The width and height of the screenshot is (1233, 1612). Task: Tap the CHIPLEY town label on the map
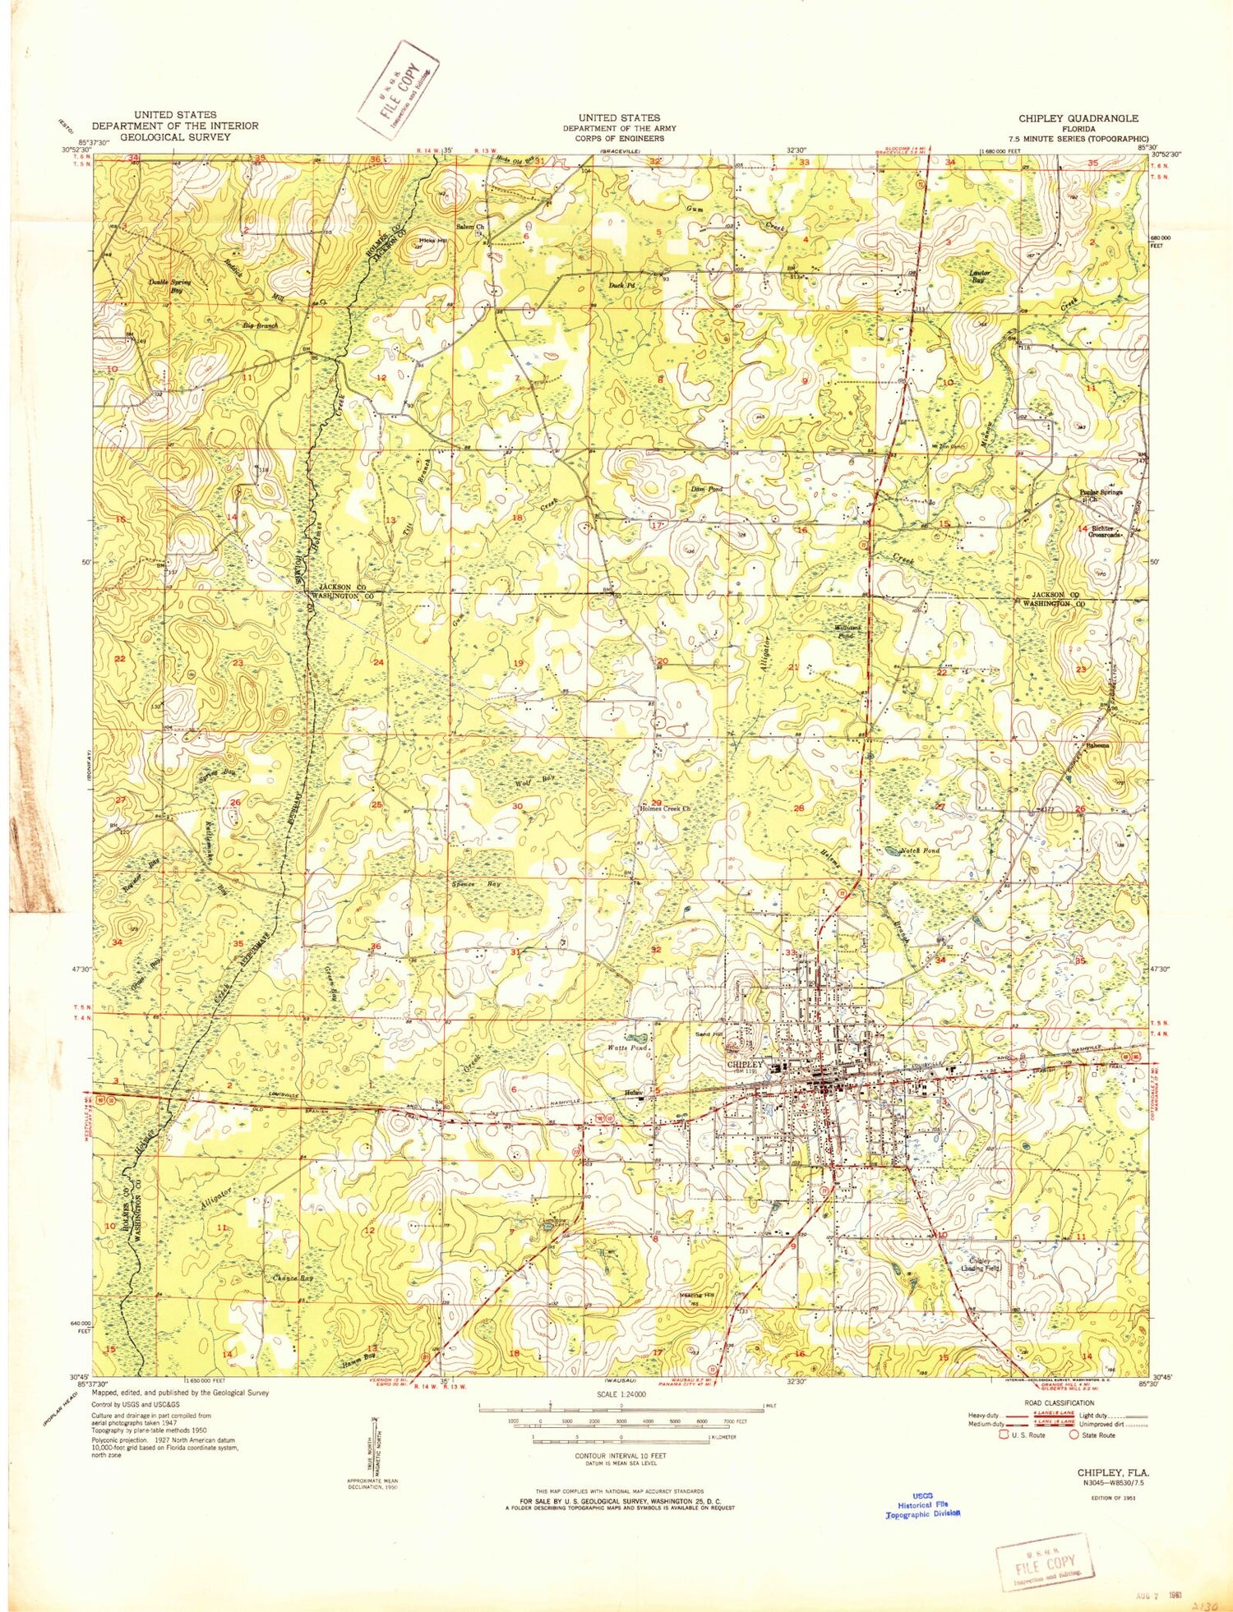coord(746,1064)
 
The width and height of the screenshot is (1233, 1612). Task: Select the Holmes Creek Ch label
coord(665,808)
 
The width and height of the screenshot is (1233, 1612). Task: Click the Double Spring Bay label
coord(169,286)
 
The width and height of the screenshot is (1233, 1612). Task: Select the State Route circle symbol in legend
coord(1074,1435)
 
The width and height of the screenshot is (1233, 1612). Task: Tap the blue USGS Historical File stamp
coord(922,1504)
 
